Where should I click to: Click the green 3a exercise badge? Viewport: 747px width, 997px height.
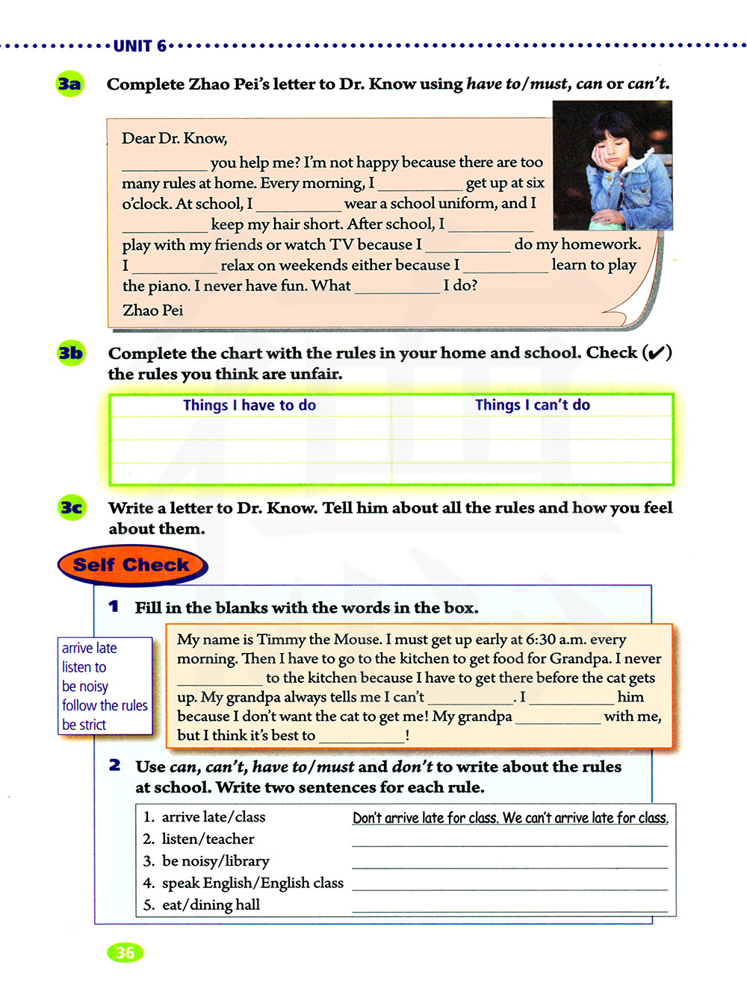pos(69,84)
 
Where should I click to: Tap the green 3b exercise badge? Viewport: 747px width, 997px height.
pos(71,353)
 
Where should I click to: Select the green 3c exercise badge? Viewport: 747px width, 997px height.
pos(72,508)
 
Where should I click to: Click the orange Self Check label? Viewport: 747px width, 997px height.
pos(131,565)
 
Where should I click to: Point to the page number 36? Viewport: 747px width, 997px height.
pos(125,953)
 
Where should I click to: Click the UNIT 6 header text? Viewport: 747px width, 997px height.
pos(140,46)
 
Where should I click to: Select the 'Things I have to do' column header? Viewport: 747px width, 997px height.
pos(249,405)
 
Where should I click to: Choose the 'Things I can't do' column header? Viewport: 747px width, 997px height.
pos(532,404)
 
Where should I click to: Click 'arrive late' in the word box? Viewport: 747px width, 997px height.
pos(89,648)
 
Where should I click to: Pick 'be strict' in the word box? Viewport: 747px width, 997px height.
pos(84,725)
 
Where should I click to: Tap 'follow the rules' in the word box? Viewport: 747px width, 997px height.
pos(105,705)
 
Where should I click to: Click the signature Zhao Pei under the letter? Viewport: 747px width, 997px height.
pos(152,310)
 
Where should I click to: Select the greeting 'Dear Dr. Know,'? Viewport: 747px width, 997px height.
pos(174,138)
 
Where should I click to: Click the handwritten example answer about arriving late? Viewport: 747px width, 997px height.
pos(510,818)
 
